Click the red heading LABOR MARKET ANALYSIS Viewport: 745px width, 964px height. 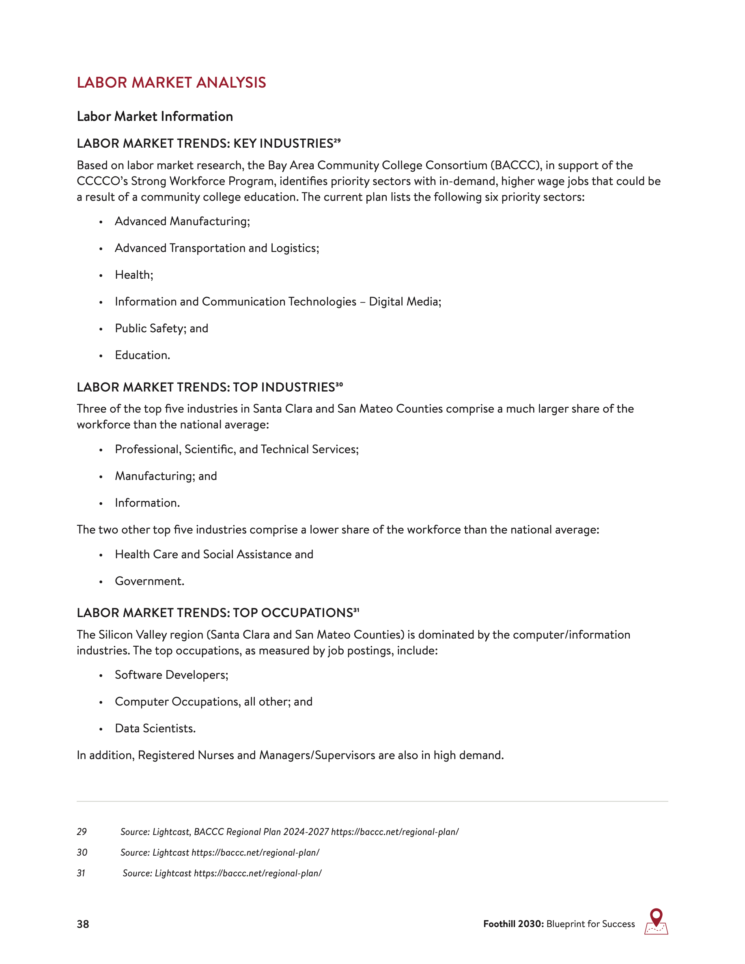click(171, 82)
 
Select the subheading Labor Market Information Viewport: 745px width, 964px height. click(155, 116)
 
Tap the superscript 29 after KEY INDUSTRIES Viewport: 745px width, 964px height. click(337, 141)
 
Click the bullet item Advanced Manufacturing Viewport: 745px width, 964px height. click(182, 221)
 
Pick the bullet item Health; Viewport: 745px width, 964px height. click(134, 275)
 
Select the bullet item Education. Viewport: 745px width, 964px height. click(142, 355)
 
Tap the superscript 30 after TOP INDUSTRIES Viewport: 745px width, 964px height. click(339, 385)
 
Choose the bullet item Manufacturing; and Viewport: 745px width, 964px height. click(166, 476)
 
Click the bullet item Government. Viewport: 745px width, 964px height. click(149, 581)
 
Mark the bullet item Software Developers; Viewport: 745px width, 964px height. click(171, 675)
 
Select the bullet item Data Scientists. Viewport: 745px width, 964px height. click(155, 728)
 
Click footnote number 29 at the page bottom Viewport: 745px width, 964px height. click(82, 832)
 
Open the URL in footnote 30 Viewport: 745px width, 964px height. click(255, 852)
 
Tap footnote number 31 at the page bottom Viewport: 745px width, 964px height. click(81, 873)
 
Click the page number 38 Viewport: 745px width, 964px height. click(82, 924)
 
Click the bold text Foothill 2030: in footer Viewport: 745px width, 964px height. click(513, 924)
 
